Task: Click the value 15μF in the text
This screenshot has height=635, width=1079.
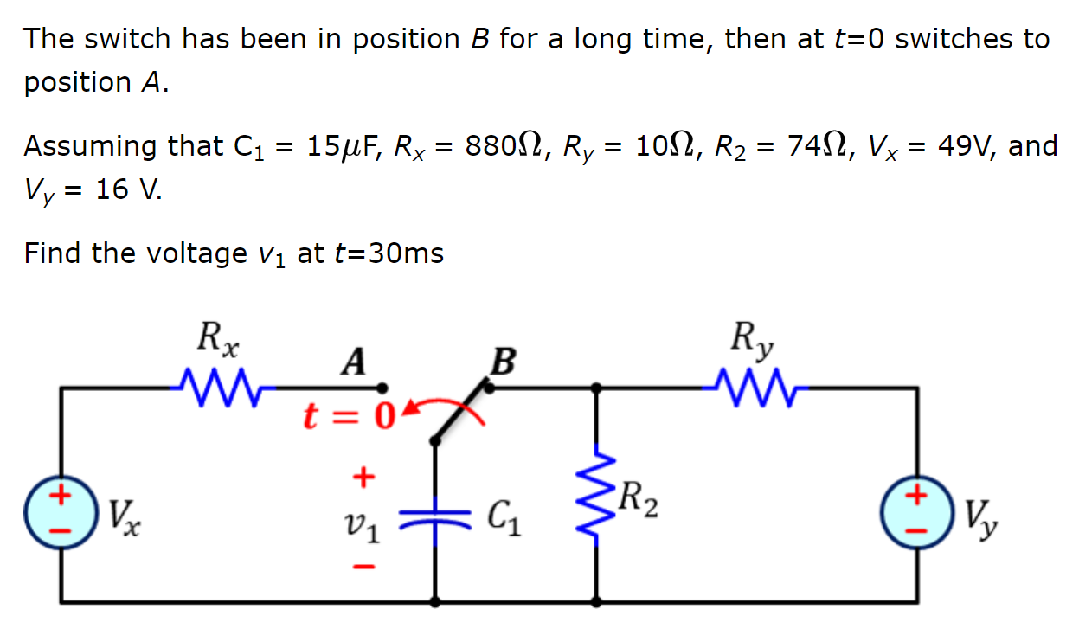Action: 344,145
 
